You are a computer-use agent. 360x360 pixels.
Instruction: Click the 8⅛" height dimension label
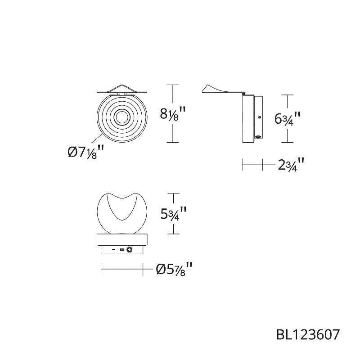(173, 113)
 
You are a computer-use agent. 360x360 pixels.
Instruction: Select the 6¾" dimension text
(288, 118)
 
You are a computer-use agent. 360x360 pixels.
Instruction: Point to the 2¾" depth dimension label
(291, 164)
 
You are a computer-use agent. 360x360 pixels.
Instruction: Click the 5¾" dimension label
(173, 213)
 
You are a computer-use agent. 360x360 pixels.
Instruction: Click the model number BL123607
(308, 334)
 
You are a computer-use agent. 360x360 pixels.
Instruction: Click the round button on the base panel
(130, 249)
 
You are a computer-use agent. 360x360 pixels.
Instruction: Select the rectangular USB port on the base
(122, 249)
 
